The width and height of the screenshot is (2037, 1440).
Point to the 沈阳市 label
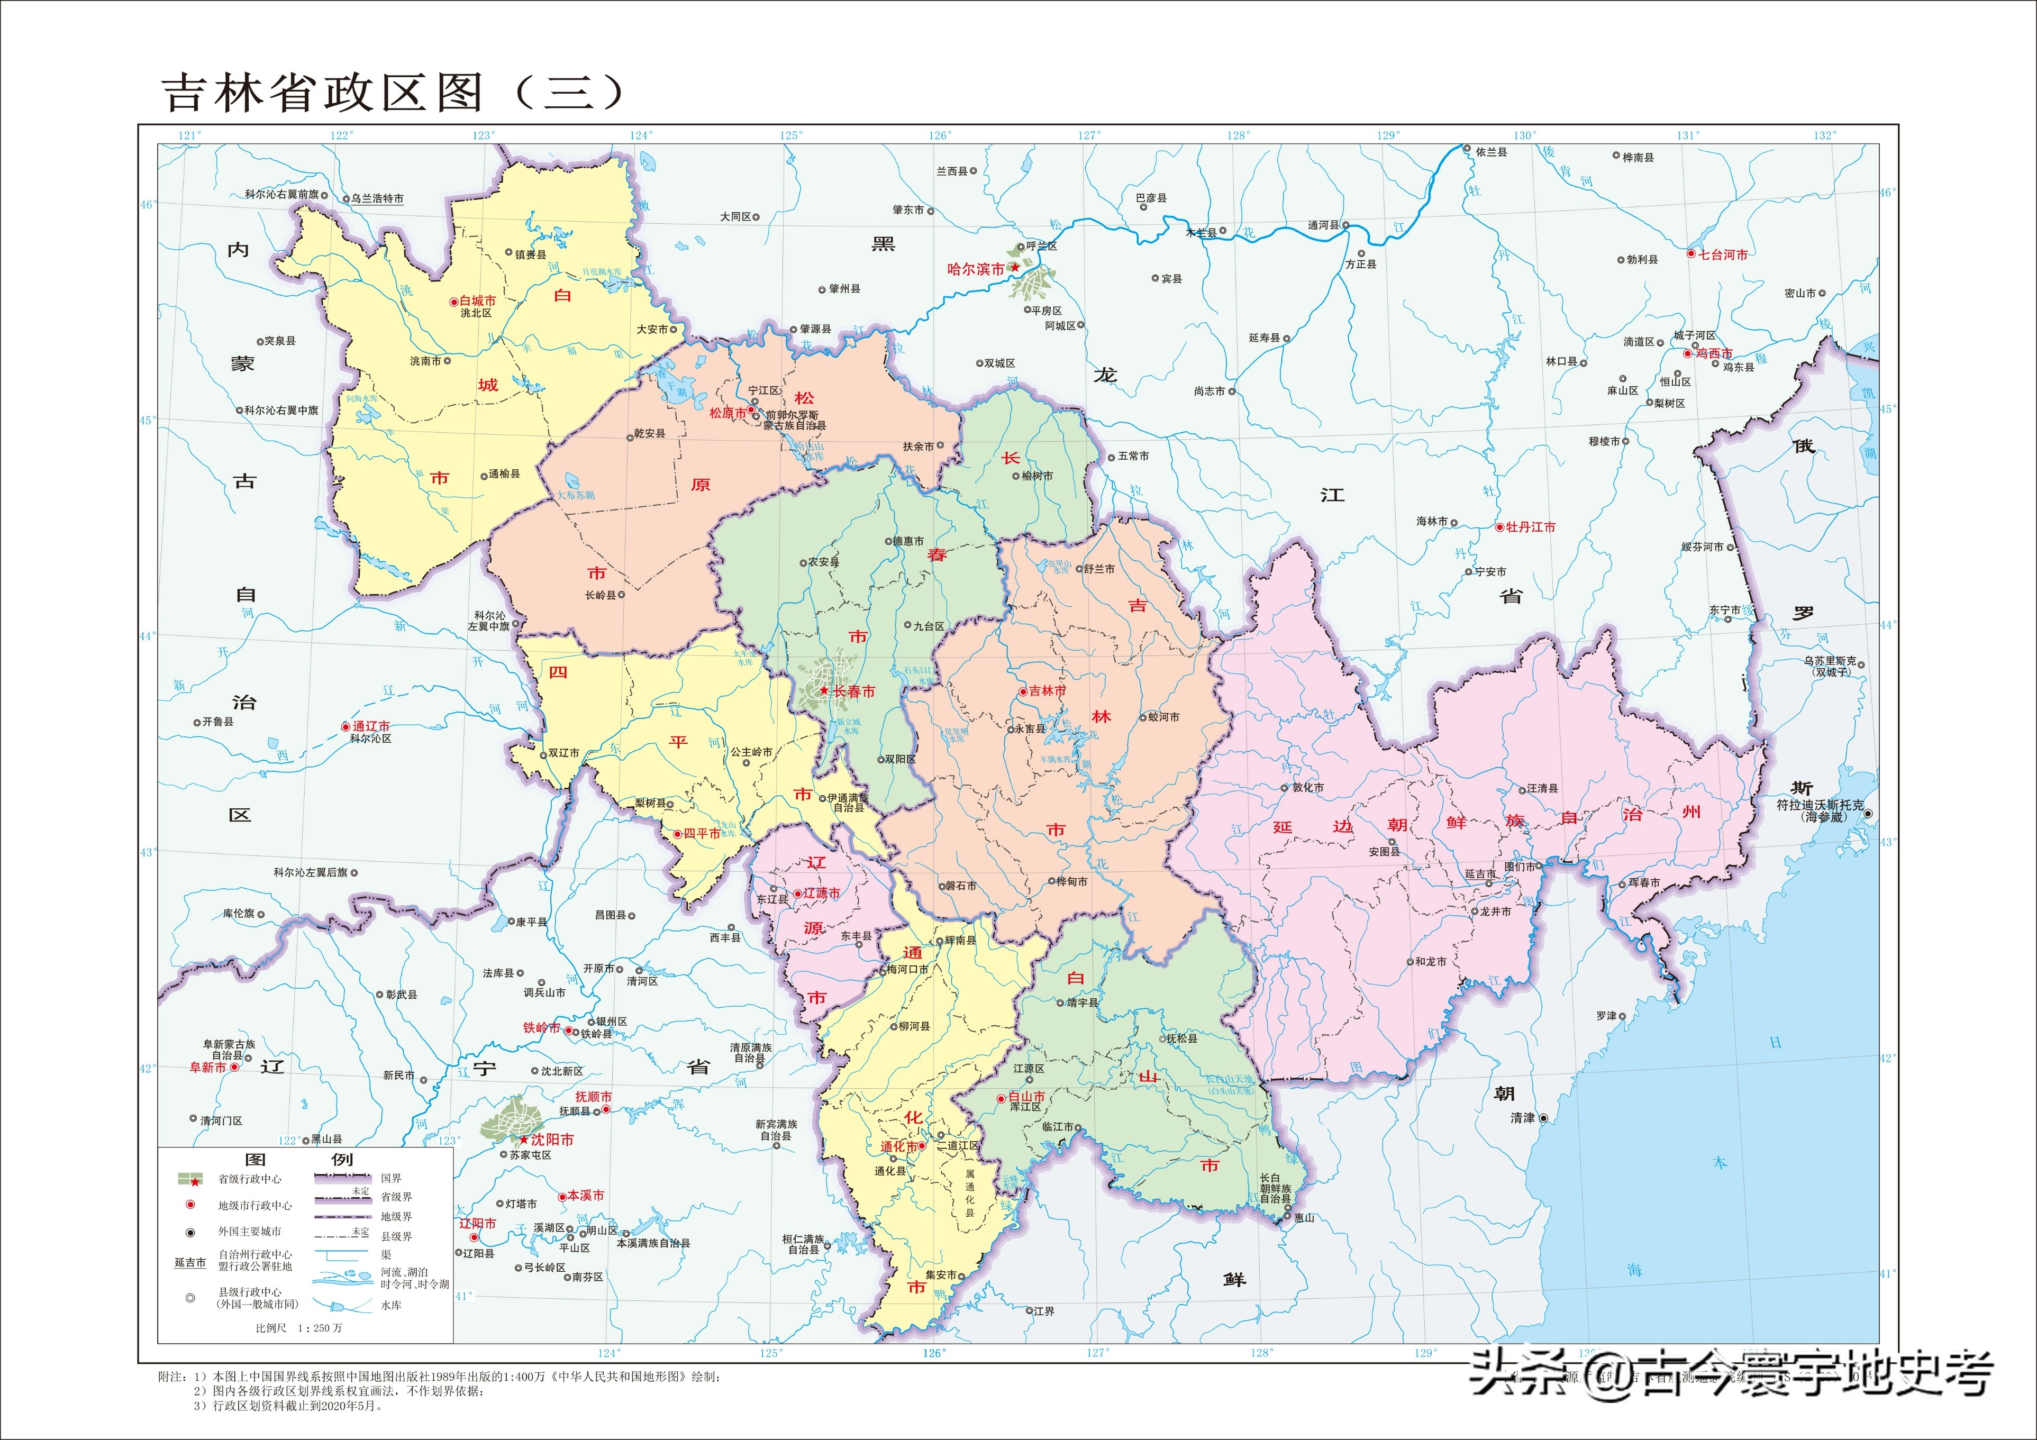(x=552, y=1139)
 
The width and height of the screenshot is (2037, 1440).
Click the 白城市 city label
(x=477, y=301)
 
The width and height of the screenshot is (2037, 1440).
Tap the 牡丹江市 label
(x=1531, y=527)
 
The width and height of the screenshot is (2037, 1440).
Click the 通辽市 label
(x=371, y=726)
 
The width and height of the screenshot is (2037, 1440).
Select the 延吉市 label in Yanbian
(x=1480, y=874)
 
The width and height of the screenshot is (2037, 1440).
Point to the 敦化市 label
(x=1308, y=787)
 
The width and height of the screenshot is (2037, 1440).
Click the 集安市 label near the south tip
(x=940, y=1275)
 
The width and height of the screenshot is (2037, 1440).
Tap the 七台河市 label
(x=1723, y=254)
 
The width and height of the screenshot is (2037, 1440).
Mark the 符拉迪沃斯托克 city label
(x=1820, y=805)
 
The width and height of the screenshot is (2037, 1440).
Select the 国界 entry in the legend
(x=390, y=1178)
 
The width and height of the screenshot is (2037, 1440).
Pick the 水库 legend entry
(x=390, y=1305)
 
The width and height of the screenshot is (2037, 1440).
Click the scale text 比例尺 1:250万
(x=298, y=1328)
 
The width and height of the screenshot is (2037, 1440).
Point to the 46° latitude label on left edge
(x=147, y=205)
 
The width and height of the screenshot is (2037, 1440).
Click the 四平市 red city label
(x=701, y=834)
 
